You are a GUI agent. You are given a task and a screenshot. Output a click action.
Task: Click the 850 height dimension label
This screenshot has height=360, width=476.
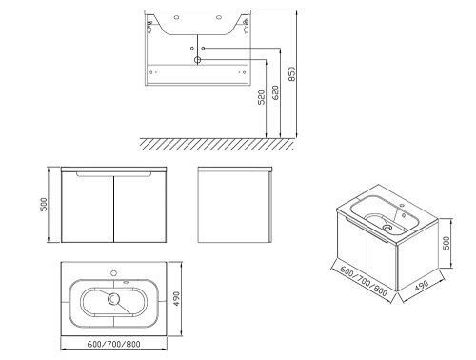pos(292,73)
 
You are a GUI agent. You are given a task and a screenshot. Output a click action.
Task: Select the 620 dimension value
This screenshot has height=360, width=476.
pos(276,92)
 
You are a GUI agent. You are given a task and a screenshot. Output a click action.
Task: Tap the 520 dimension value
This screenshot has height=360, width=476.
pos(261,97)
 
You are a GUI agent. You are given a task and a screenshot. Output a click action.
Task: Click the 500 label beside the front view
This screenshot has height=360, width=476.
pos(44,205)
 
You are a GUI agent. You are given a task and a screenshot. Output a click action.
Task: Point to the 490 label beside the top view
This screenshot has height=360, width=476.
pos(176,299)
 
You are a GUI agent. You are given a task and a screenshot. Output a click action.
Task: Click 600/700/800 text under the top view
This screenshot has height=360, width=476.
pos(113,344)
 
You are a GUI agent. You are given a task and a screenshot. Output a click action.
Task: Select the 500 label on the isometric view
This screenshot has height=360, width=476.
pos(446,243)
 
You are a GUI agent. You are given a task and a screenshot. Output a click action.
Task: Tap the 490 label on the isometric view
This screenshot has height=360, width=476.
pos(422,286)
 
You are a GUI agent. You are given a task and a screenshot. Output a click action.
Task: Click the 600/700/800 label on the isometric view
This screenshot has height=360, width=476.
pos(364,281)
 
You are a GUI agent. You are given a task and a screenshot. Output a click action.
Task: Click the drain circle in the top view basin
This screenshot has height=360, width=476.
pos(113,298)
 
